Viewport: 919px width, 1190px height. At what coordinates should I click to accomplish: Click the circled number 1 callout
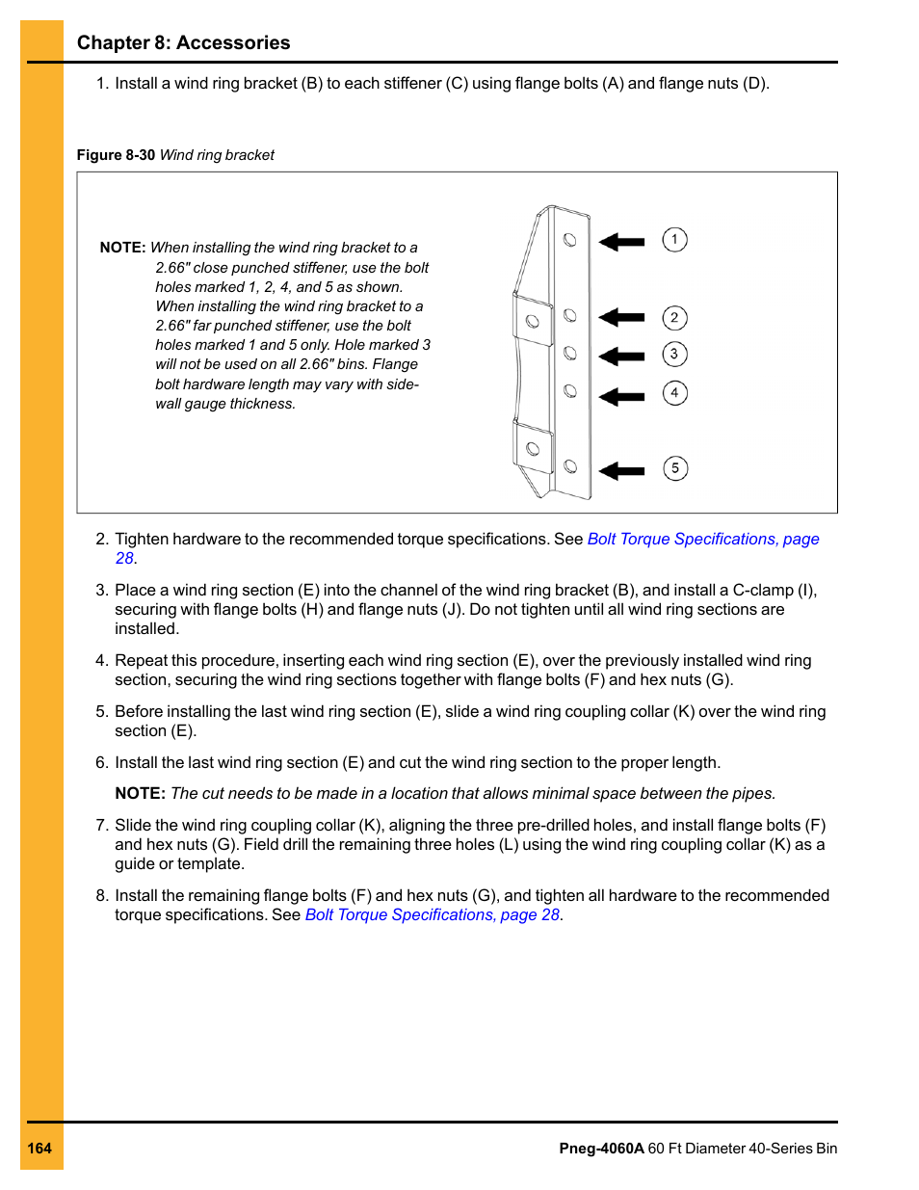[x=674, y=240]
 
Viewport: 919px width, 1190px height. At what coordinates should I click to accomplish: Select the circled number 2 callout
[x=674, y=318]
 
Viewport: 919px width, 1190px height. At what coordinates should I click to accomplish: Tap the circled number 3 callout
[x=674, y=355]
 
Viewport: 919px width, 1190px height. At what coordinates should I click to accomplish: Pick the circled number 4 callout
[x=674, y=393]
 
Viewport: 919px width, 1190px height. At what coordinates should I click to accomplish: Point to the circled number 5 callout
[x=675, y=469]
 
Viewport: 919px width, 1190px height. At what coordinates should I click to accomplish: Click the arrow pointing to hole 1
[x=621, y=242]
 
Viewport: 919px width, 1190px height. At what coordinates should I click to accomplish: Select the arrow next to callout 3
[x=621, y=357]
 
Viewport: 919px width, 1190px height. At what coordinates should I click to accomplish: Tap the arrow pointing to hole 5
[x=621, y=471]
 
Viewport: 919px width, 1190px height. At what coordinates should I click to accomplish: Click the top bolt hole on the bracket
[x=570, y=239]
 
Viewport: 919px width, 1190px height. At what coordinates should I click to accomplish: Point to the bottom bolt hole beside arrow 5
[x=570, y=466]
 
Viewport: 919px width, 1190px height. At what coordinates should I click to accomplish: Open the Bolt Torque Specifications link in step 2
[x=702, y=540]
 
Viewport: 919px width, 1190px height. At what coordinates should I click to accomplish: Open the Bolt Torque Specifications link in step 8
[x=432, y=915]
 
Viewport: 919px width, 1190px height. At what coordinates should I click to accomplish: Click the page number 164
[x=39, y=1149]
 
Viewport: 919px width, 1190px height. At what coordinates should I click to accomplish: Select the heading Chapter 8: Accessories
[x=183, y=43]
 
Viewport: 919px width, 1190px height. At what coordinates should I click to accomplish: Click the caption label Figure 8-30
[x=116, y=155]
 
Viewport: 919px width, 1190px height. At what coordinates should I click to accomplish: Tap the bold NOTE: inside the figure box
[x=122, y=248]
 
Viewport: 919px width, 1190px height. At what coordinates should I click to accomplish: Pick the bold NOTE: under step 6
[x=140, y=794]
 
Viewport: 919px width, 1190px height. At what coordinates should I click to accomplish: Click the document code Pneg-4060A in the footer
[x=601, y=1149]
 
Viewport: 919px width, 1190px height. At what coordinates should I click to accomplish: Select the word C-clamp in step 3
[x=763, y=591]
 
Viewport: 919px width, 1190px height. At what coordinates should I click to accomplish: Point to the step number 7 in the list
[x=101, y=826]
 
